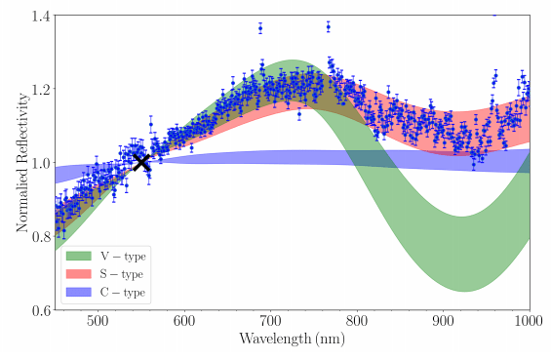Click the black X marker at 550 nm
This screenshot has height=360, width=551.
point(141,162)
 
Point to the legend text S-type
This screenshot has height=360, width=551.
point(124,274)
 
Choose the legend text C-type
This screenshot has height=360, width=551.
point(124,291)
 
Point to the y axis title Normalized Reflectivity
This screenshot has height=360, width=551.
point(20,163)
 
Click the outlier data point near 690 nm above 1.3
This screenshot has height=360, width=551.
point(260,28)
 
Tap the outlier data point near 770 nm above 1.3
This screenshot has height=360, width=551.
point(329,26)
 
